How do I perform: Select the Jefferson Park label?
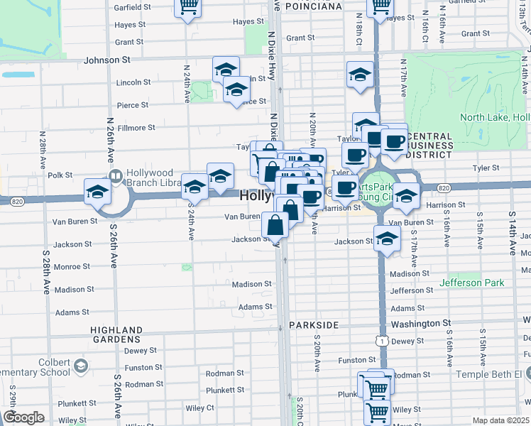(x=472, y=283)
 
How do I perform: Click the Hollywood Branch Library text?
(x=153, y=178)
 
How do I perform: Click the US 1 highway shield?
(x=382, y=341)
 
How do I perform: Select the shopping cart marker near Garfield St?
(x=188, y=7)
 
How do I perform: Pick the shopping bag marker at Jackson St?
(x=275, y=226)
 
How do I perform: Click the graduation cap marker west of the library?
(x=97, y=191)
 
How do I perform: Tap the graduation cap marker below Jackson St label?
(x=387, y=240)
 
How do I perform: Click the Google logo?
(x=23, y=417)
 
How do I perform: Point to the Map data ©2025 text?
(x=500, y=420)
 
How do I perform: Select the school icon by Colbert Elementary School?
(x=80, y=366)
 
